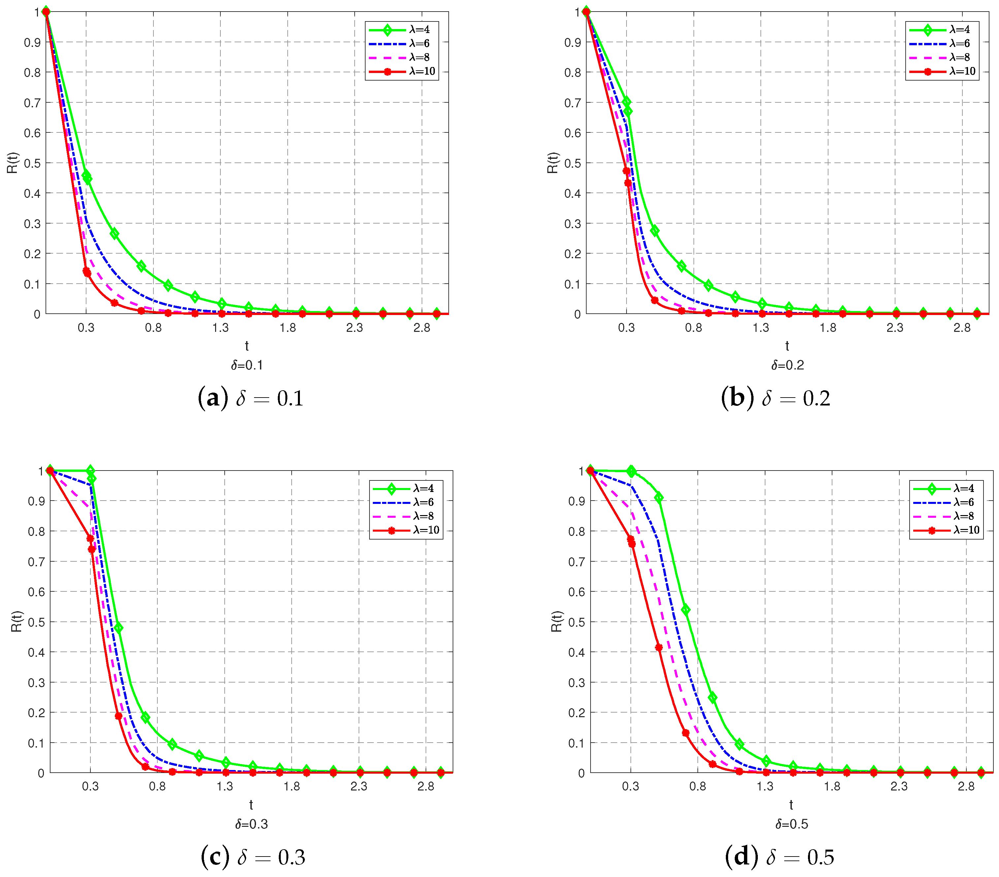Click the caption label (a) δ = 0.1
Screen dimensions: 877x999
250,398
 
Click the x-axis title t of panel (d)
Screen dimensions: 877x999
791,805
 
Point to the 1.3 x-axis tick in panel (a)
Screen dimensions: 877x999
220,328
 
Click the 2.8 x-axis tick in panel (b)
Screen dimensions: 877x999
962,328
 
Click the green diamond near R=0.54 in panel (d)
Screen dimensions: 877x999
685,610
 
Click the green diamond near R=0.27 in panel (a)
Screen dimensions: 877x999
114,234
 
